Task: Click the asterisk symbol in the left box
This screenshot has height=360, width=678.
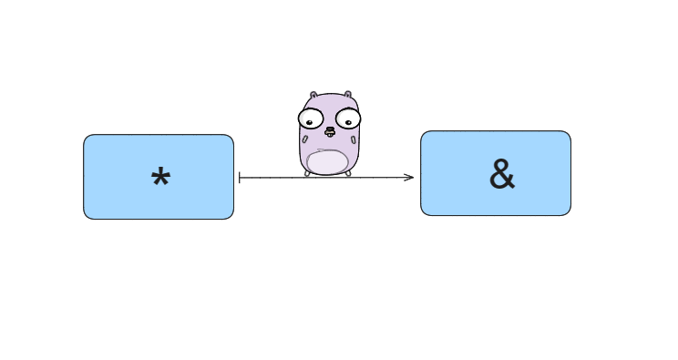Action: coord(160,180)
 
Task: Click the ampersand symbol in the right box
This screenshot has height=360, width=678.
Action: coord(502,175)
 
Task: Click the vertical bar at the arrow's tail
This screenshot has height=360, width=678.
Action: coord(239,178)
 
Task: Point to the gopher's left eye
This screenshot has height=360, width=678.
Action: coord(312,118)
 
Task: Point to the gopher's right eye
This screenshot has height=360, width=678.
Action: coord(347,118)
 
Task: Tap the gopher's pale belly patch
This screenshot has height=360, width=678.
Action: coord(328,161)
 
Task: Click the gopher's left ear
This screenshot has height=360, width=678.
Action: coord(313,96)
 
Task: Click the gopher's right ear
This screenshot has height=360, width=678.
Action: coord(349,95)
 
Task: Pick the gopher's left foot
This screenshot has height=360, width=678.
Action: coord(309,173)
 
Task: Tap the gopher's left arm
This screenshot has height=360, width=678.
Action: coord(303,139)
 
